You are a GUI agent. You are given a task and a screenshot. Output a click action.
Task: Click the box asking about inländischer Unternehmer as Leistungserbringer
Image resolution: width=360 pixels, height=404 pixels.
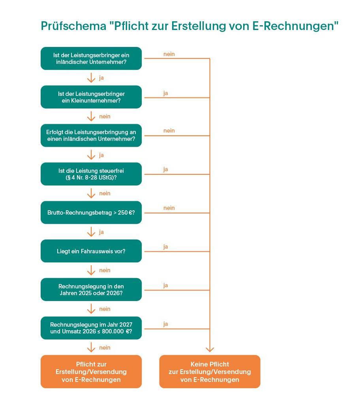pos(91,58)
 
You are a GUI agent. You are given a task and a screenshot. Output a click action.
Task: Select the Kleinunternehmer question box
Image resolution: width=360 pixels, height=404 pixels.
pos(91,97)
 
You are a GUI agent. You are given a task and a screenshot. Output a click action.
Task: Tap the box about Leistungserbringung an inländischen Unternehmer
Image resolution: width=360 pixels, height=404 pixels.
pos(91,136)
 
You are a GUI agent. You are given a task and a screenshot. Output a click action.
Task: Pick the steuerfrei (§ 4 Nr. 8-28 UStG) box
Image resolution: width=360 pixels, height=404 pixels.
pos(91,174)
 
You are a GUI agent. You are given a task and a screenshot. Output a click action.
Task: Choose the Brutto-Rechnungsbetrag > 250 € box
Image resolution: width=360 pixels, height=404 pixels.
pos(91,213)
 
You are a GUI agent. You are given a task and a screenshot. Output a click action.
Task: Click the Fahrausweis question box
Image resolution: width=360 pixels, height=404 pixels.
pos(91,251)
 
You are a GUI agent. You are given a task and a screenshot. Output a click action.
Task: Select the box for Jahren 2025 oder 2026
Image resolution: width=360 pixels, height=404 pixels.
pos(91,290)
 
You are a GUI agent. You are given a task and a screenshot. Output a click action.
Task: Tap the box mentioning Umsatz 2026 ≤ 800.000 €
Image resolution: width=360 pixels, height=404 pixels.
pos(91,328)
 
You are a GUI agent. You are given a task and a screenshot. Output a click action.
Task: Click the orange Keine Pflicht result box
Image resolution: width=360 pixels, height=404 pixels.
pos(210,372)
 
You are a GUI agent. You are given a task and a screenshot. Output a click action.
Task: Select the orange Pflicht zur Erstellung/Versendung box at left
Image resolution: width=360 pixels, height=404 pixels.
pos(91,372)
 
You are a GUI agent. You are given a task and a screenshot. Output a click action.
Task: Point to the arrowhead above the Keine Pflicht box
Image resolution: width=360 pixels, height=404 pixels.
pos(210,349)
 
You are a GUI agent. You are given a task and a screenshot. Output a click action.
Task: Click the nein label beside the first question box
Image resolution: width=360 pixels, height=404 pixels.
pos(169,54)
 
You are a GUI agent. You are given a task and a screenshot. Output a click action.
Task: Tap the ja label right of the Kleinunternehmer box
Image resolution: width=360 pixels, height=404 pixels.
pos(166,93)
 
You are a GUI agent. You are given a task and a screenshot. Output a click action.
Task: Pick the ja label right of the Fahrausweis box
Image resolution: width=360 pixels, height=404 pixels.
pos(166,247)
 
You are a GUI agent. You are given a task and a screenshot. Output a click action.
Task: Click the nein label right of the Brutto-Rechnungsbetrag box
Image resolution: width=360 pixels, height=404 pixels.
pos(169,208)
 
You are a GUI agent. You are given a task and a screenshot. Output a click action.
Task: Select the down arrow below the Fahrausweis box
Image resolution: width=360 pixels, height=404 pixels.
pos(91,270)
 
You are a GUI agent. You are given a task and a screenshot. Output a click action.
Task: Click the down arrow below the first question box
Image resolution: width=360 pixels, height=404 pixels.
pos(91,78)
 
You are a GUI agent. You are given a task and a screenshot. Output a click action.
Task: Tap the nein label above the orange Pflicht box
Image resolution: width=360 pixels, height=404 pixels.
pos(105,348)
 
